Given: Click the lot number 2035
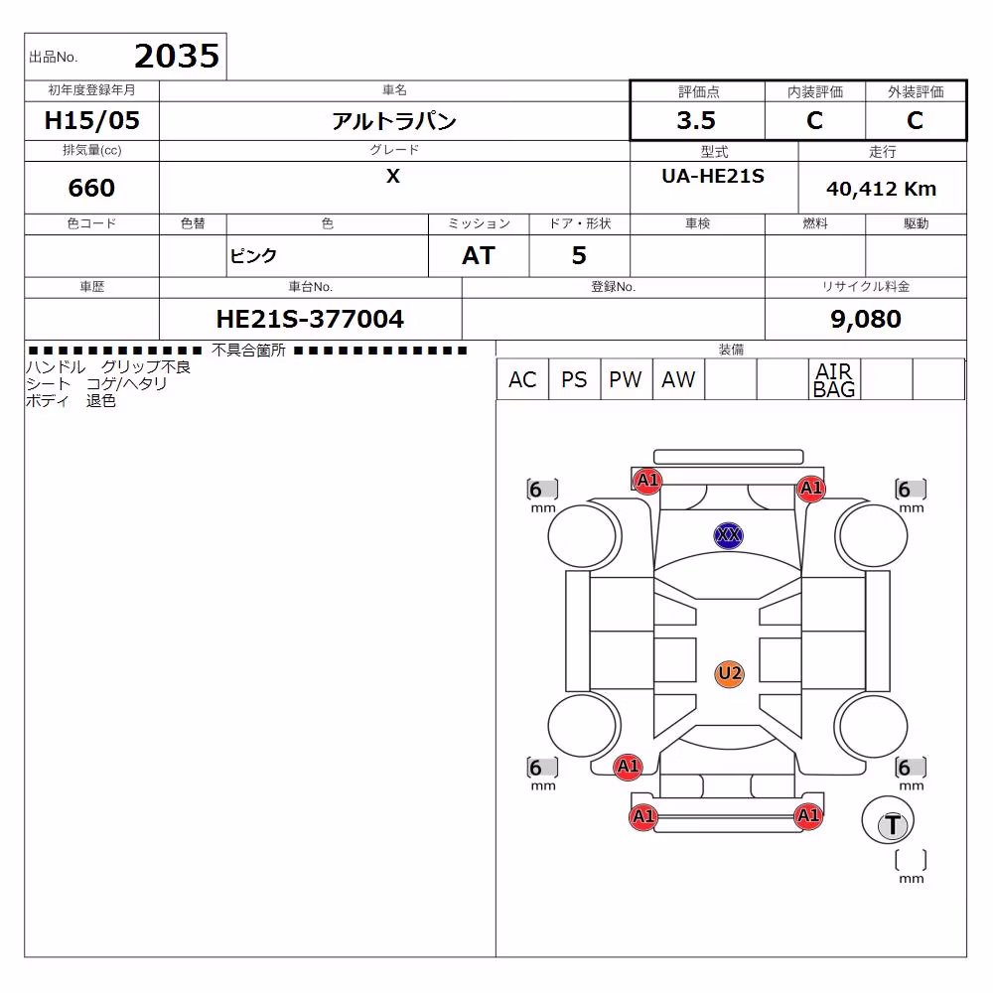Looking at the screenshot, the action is (x=177, y=57).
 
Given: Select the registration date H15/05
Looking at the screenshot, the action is (x=91, y=120).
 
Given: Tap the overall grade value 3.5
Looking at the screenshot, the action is (x=696, y=120).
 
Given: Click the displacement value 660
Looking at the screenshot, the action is (x=91, y=188).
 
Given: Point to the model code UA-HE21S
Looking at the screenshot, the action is (x=713, y=176).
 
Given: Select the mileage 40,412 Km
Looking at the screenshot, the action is (x=881, y=189).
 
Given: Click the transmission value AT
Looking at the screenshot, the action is (x=479, y=256).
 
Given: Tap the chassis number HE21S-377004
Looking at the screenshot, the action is (x=310, y=319).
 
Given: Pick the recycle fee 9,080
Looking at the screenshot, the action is (x=866, y=319).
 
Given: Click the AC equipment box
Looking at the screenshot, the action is (x=522, y=379).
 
